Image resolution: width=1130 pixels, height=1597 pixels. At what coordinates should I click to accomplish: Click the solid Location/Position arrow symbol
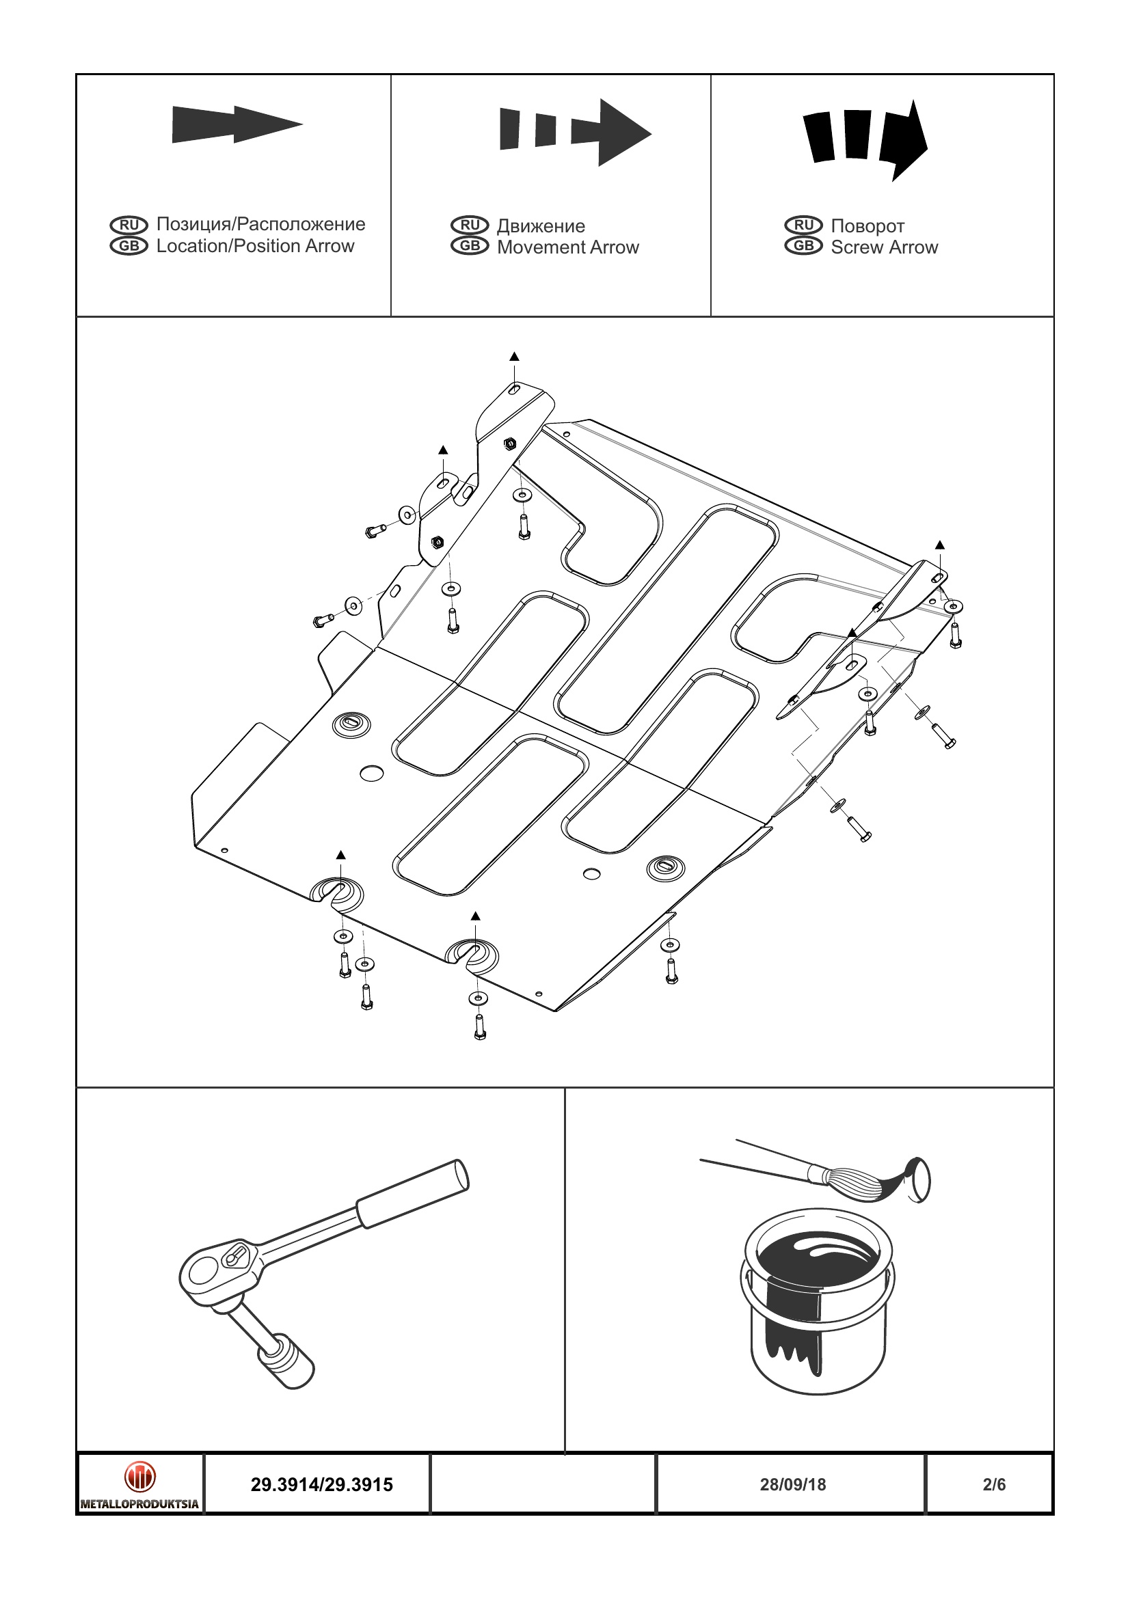237,125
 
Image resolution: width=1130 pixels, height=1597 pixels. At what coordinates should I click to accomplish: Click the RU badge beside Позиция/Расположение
129,225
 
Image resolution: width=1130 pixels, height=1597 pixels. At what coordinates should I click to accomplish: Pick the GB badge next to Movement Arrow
470,246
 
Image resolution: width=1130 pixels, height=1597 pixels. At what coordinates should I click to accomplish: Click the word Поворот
867,226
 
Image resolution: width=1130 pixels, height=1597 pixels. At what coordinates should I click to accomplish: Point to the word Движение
541,226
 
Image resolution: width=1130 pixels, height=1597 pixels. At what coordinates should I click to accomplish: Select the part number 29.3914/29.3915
321,1484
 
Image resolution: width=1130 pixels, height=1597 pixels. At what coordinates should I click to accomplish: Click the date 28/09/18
792,1484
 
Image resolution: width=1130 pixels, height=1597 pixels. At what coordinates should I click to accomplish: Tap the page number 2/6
994,1484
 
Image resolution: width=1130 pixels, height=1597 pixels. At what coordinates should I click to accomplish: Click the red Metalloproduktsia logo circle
140,1476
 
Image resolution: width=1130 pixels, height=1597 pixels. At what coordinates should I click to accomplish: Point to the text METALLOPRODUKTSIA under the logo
140,1503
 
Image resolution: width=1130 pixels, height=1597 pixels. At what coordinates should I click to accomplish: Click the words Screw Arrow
884,247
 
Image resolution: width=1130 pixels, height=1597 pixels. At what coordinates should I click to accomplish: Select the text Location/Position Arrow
255,246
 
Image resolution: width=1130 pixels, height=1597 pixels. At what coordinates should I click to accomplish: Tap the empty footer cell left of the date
543,1484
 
